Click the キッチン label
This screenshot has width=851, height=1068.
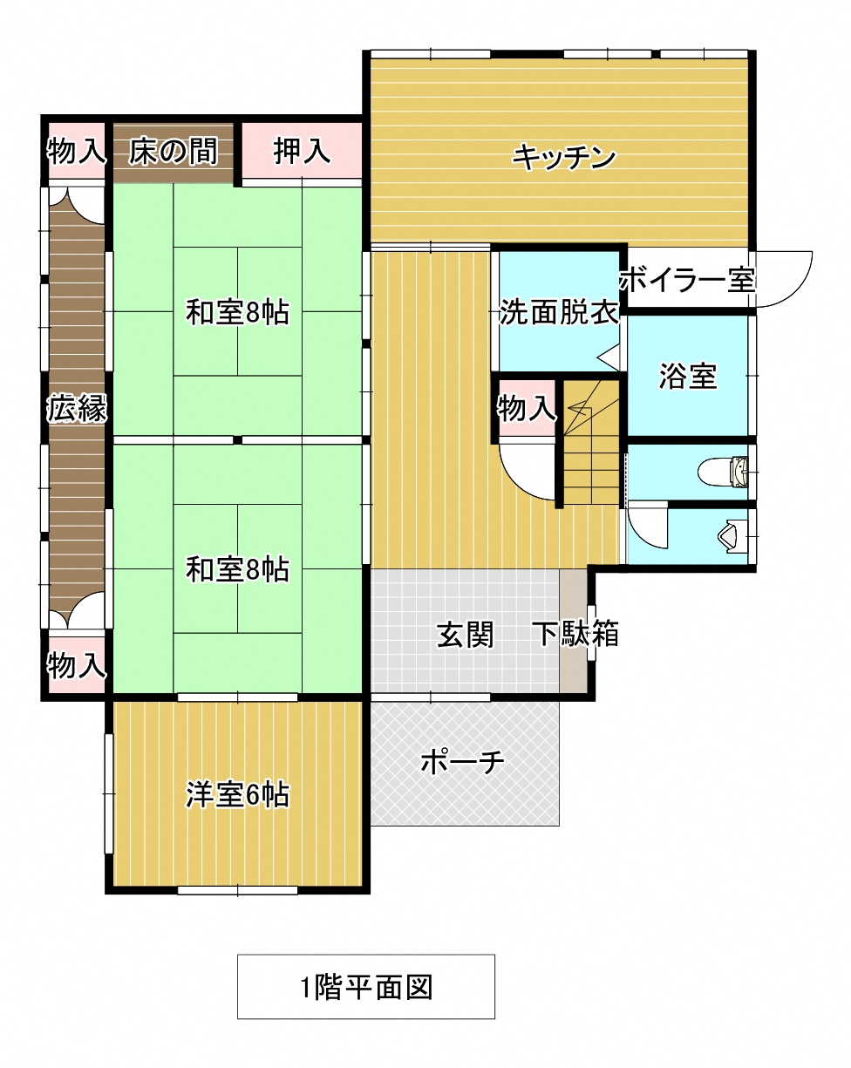click(x=563, y=158)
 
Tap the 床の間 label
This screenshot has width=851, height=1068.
click(x=173, y=151)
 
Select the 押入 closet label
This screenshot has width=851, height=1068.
click(x=302, y=151)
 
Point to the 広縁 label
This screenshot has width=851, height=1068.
click(x=77, y=408)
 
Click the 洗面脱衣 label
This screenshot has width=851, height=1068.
click(x=559, y=312)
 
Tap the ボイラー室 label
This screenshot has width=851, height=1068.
click(x=687, y=280)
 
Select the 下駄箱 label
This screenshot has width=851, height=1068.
click(x=575, y=633)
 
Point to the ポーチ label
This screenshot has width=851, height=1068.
click(x=463, y=761)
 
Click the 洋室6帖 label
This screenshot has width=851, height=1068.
click(x=237, y=795)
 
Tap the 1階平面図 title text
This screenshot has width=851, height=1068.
click(x=366, y=988)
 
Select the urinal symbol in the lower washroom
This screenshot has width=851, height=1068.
click(x=733, y=536)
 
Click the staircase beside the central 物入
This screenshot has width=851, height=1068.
click(x=591, y=442)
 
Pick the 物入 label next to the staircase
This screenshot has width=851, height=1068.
click(x=527, y=408)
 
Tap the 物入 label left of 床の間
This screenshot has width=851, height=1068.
click(x=77, y=151)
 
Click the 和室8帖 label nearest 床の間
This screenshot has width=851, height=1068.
click(x=237, y=312)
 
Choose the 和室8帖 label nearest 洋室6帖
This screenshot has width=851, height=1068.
click(x=237, y=569)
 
